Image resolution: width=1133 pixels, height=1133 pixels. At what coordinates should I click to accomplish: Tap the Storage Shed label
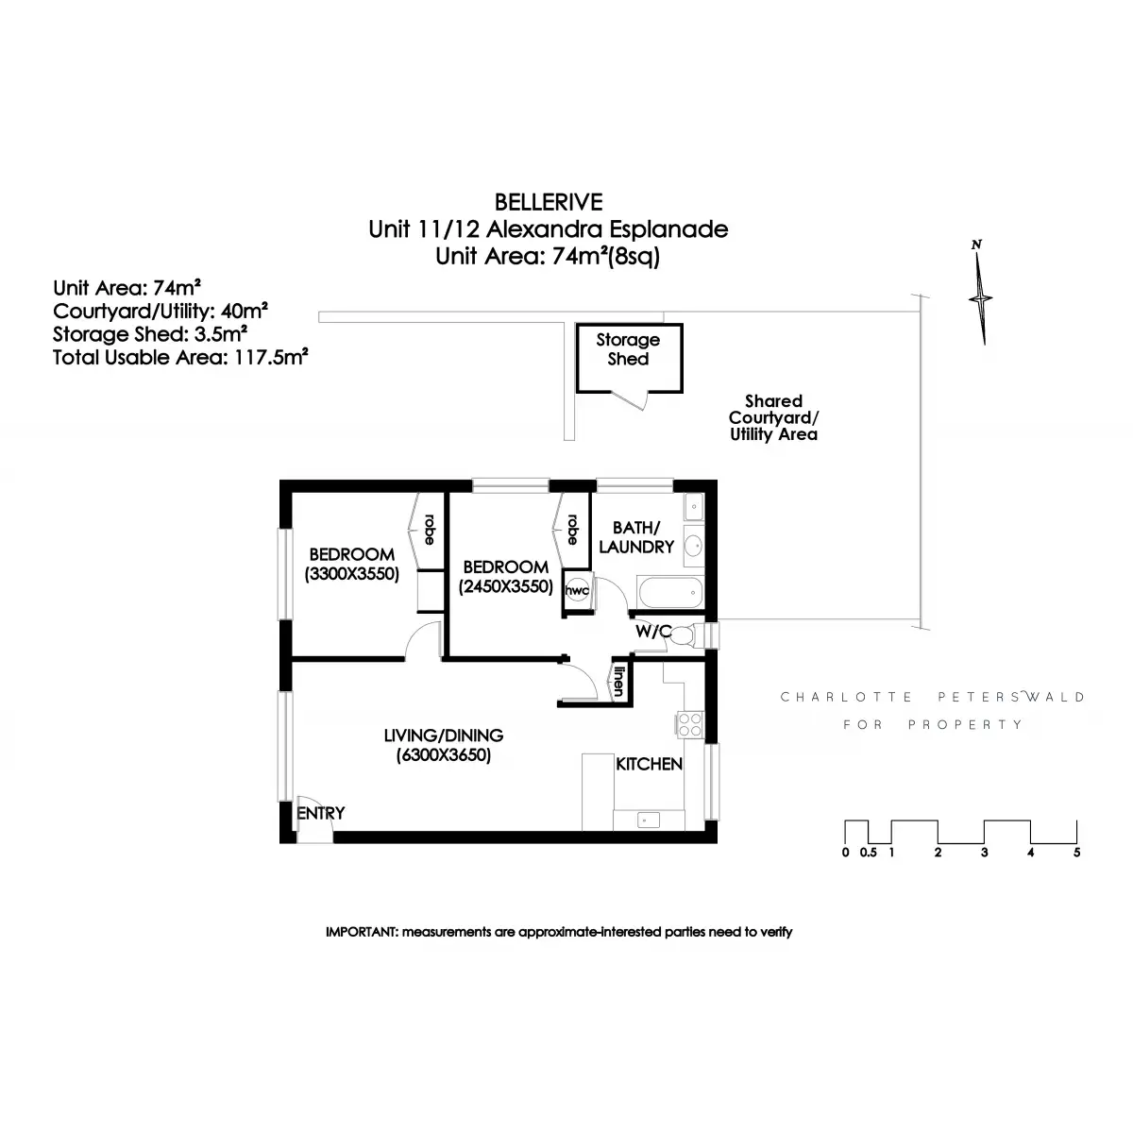[628, 349]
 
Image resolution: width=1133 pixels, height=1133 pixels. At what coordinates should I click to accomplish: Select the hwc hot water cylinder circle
[576, 591]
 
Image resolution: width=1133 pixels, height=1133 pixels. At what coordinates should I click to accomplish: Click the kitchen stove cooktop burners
[689, 724]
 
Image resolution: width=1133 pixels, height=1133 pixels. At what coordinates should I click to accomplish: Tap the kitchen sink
[648, 819]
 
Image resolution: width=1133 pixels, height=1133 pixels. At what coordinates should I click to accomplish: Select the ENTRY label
[321, 813]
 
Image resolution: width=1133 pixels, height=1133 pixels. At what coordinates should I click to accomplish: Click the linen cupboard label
[619, 681]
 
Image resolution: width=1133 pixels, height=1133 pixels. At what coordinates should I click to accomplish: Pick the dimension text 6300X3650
[443, 755]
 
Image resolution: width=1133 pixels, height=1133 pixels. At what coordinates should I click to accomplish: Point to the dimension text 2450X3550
[505, 586]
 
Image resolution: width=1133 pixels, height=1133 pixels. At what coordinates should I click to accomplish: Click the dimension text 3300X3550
[352, 573]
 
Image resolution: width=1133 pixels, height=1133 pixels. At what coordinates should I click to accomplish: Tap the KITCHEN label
[649, 764]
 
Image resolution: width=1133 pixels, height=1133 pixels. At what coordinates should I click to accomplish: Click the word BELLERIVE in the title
[549, 201]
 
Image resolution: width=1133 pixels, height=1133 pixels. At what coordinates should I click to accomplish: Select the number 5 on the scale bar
[1076, 853]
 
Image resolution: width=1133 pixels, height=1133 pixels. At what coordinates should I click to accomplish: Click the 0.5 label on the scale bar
[868, 853]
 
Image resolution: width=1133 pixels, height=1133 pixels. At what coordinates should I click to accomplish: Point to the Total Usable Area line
[182, 357]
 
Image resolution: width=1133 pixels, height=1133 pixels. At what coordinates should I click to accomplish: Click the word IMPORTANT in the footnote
[362, 932]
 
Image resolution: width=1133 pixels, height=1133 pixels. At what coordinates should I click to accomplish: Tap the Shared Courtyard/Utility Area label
[773, 418]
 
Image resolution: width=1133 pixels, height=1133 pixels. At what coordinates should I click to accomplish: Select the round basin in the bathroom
[692, 546]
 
